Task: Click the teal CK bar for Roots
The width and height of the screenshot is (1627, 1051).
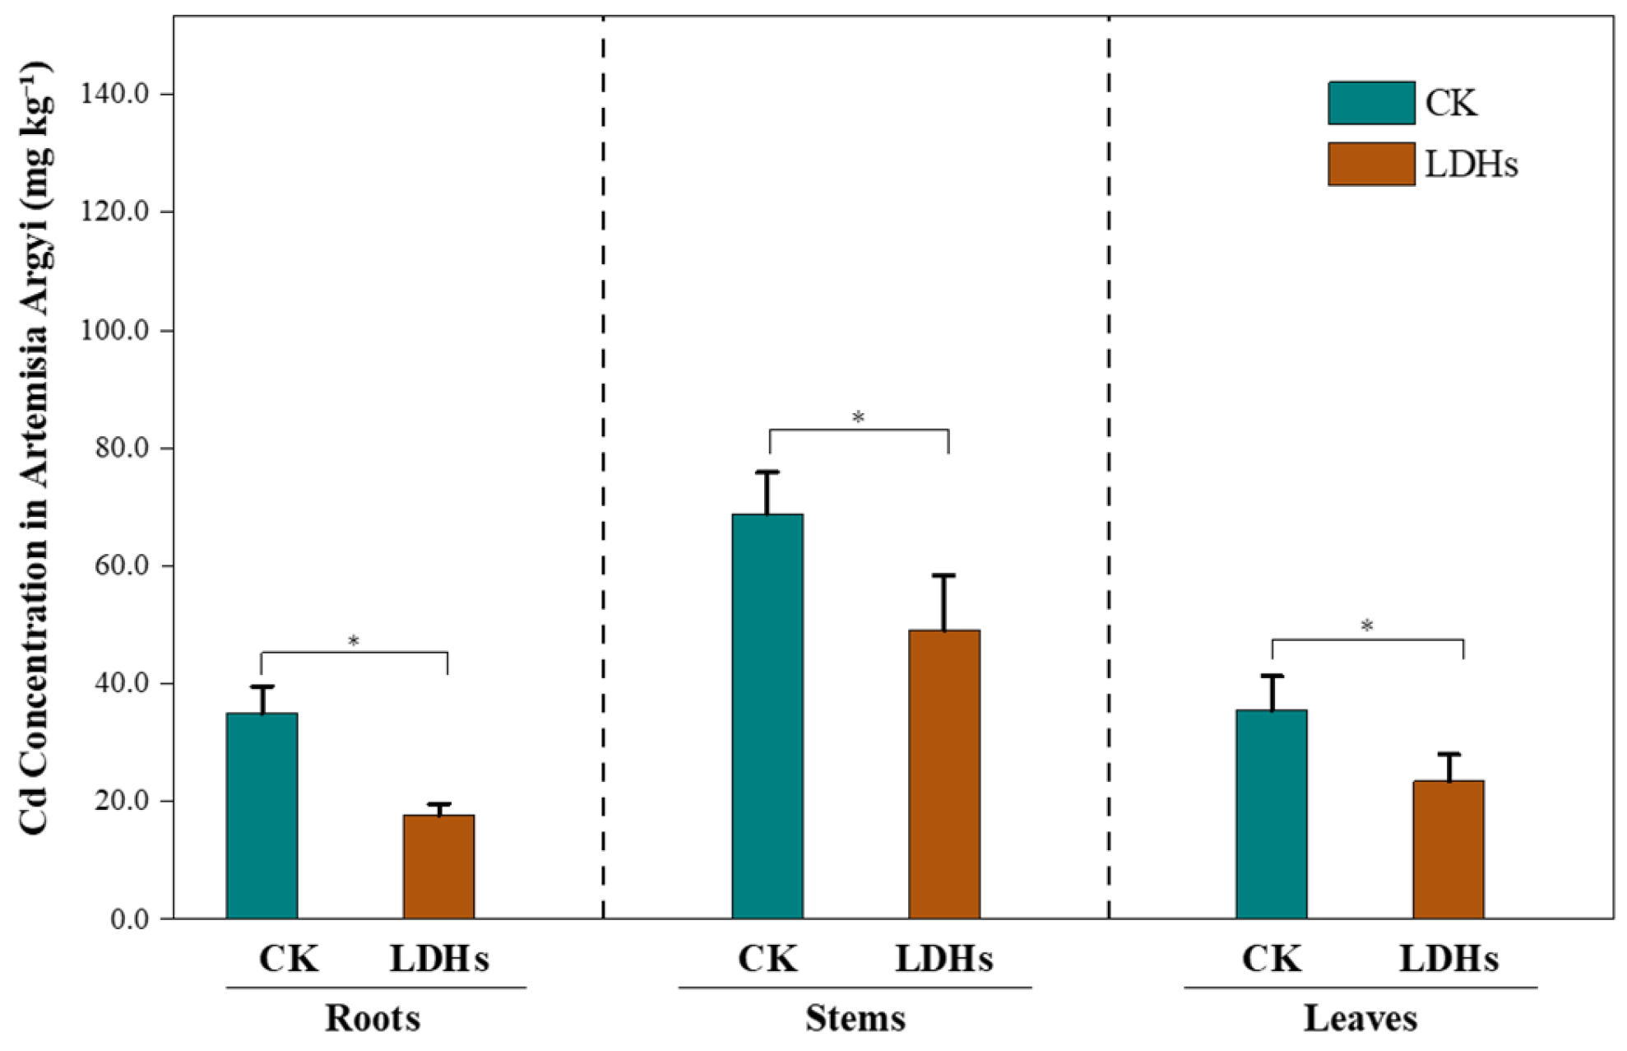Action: (262, 816)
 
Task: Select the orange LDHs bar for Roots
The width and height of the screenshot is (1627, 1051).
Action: (438, 867)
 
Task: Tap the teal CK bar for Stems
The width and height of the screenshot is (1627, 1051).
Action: (767, 716)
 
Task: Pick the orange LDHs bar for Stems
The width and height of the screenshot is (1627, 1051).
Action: (944, 774)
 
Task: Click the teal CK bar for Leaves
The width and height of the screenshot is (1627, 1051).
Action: (1272, 814)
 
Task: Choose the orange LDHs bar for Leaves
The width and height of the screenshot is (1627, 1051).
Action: (1449, 849)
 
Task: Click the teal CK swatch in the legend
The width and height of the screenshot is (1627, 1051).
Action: (1371, 103)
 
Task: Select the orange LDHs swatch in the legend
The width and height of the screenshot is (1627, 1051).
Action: (1371, 164)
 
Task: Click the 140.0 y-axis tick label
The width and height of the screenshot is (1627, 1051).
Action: (114, 94)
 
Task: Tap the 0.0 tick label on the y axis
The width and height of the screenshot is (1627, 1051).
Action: (130, 918)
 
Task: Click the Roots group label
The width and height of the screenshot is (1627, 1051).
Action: (373, 1018)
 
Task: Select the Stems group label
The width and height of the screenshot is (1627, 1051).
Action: (855, 1018)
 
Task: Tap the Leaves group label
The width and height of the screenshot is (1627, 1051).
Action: (1360, 1018)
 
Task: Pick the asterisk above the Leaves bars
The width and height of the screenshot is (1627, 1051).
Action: (1367, 626)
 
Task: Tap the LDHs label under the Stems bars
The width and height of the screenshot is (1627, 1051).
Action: (944, 959)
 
